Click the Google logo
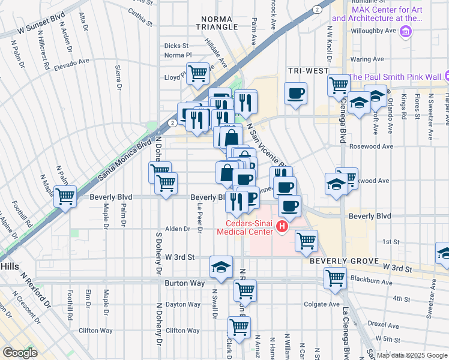20,352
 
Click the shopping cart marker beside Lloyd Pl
197,74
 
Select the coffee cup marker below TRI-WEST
295,94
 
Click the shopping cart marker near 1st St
306,240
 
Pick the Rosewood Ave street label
372,146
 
